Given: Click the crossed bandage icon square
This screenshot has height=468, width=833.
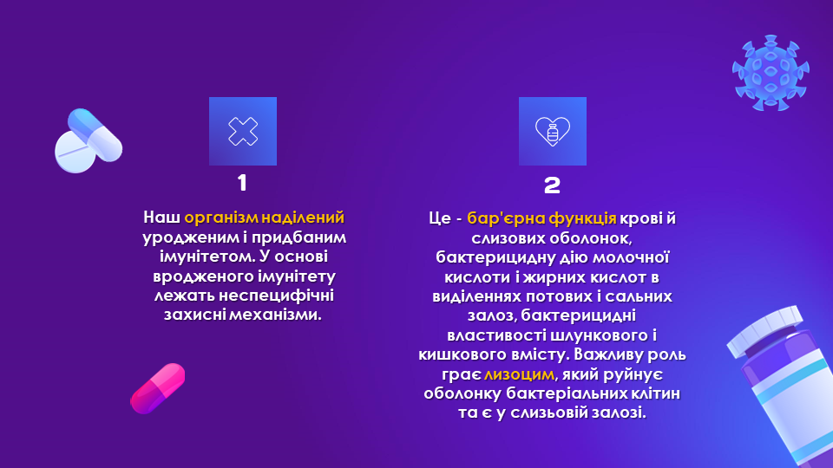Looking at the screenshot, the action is (x=243, y=131).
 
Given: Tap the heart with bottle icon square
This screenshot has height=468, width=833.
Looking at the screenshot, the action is (x=553, y=131).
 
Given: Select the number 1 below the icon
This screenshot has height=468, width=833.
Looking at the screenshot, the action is (x=242, y=183).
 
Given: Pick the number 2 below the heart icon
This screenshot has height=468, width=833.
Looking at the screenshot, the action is (x=553, y=185).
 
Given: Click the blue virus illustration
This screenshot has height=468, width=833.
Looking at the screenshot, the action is (x=771, y=73).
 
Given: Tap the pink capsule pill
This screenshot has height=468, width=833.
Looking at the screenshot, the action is (x=158, y=388).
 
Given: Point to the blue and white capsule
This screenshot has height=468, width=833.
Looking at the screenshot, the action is (x=95, y=134).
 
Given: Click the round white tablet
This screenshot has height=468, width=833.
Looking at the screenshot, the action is (x=75, y=153).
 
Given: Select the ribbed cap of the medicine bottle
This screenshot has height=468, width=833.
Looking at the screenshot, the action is (x=765, y=331).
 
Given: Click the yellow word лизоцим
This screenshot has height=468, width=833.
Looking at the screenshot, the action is (x=519, y=374).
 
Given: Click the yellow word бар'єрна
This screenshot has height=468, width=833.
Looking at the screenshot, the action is (x=505, y=218).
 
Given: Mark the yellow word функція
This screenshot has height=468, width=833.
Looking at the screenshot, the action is (x=582, y=218).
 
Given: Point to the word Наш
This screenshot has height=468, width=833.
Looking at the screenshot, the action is (x=161, y=218).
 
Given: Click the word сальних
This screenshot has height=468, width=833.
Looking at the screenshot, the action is (x=640, y=296).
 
